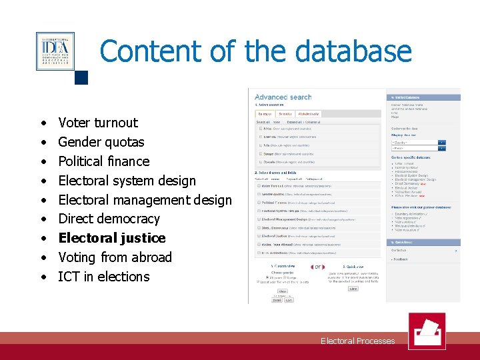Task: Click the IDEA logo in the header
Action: point(55,51)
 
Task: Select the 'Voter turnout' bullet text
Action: point(98,123)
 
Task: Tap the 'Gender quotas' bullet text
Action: point(101,142)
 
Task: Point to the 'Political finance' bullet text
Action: point(103,161)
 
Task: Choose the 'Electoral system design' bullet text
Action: point(127,181)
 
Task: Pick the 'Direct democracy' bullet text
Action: point(109,219)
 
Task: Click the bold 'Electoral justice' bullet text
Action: point(111,238)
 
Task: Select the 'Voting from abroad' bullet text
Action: point(115,257)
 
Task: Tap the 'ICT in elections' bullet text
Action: point(103,277)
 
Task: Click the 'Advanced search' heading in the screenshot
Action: point(283,97)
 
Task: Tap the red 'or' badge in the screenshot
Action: point(318,267)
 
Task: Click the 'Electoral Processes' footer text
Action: point(357,341)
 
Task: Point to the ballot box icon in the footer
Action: point(426,331)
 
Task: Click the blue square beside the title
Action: point(81,77)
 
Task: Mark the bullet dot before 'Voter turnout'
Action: point(43,123)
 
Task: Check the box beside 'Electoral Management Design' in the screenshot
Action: point(259,219)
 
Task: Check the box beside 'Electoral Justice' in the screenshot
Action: point(259,236)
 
